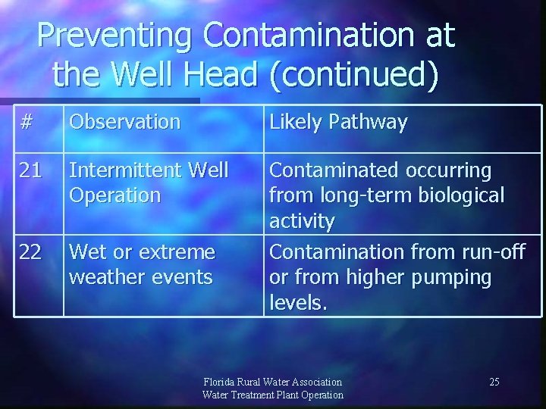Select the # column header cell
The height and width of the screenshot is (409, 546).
(27, 122)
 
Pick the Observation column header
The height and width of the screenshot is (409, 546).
(124, 122)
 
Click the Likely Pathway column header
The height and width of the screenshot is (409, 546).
(338, 122)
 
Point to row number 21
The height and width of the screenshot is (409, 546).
(30, 170)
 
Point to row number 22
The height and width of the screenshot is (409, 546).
(30, 251)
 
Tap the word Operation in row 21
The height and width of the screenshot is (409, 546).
(115, 195)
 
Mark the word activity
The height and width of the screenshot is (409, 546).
(302, 221)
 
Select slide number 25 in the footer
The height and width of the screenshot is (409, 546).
(494, 382)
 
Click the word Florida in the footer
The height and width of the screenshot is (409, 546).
(220, 382)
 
